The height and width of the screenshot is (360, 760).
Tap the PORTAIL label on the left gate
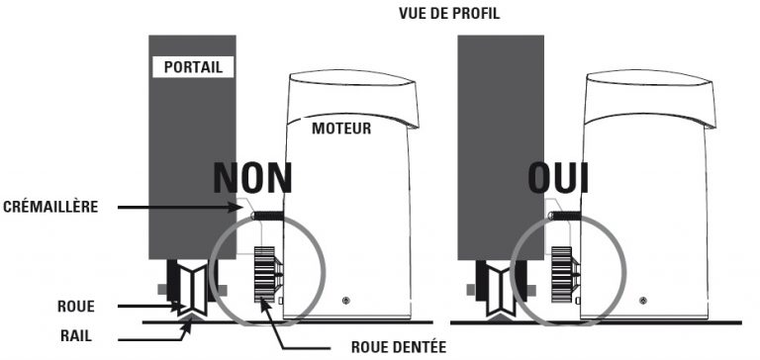[x=193, y=67]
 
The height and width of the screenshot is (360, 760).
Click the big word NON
[x=253, y=178]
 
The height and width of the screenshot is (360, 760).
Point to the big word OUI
[x=557, y=178]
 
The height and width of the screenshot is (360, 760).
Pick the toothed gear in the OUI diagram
[x=561, y=274]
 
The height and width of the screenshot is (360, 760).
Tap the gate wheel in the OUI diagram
[x=491, y=290]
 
